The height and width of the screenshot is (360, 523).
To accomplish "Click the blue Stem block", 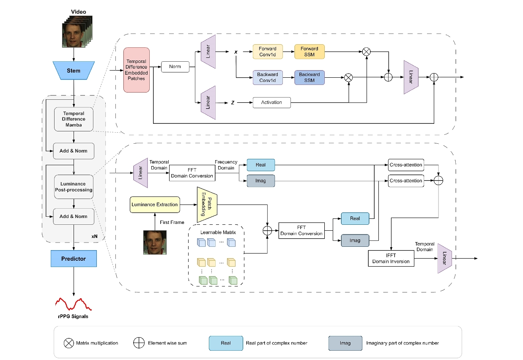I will [x=74, y=71].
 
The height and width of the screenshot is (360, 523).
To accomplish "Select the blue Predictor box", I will [x=74, y=259].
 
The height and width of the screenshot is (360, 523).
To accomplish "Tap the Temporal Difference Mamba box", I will [x=74, y=119].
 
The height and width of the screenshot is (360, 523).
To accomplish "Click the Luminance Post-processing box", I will [x=74, y=187].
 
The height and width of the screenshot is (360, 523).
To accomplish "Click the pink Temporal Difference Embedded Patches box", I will [x=137, y=70].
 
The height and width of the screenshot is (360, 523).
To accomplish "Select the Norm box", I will [x=175, y=66].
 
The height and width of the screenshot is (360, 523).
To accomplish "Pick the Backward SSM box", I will [x=309, y=77].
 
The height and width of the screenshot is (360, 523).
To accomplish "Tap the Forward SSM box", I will [x=309, y=52].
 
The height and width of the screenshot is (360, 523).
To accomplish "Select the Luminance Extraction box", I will [x=154, y=205].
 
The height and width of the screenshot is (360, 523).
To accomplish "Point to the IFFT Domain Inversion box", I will [x=391, y=259].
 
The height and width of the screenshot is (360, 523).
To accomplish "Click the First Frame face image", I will [x=155, y=243].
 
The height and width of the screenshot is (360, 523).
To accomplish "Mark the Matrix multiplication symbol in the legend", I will [x=68, y=343].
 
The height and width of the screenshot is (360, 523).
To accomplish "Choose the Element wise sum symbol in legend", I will [x=138, y=343].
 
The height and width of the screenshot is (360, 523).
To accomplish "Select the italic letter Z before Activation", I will [x=233, y=103].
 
